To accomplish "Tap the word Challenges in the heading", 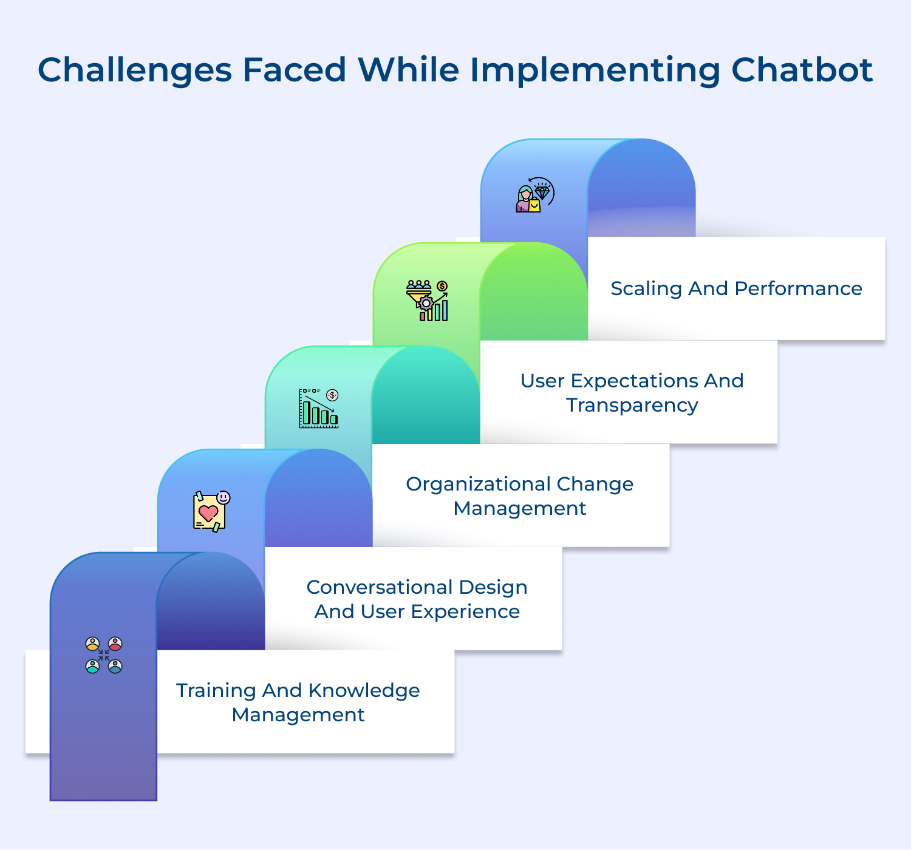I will coord(135,70).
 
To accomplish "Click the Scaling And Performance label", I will coord(736,288).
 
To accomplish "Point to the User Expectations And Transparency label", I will coord(632,393).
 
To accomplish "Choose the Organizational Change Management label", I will coord(520,496).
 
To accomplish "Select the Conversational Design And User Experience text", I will coord(417,599).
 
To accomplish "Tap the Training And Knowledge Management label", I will coord(298,702).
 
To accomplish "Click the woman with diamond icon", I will coord(535,195).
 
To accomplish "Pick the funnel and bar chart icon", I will coord(427,301).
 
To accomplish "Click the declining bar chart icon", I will coord(319,408).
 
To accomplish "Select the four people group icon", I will coord(104,655).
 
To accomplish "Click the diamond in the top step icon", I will coord(542,192).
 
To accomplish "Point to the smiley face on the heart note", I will coord(223,497).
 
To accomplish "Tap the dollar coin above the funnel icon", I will coord(442,286).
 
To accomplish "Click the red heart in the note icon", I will coord(208,514).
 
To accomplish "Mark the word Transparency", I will coord(632,405).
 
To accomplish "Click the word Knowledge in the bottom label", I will coord(364,690).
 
